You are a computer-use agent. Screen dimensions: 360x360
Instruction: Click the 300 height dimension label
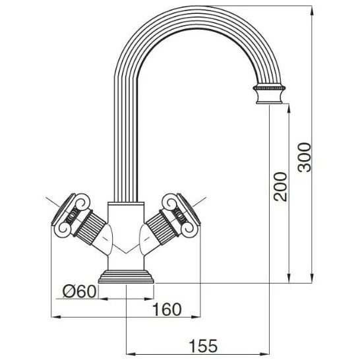305,157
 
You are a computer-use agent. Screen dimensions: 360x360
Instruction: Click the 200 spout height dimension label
281,187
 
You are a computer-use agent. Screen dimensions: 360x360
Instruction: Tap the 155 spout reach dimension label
203,345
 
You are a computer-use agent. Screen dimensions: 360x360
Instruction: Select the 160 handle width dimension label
167,309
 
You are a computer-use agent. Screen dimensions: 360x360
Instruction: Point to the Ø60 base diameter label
79,291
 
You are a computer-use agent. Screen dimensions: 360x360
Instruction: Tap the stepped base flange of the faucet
126,276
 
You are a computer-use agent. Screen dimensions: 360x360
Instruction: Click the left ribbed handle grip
90,227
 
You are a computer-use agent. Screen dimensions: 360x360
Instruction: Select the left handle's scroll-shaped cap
71,216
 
